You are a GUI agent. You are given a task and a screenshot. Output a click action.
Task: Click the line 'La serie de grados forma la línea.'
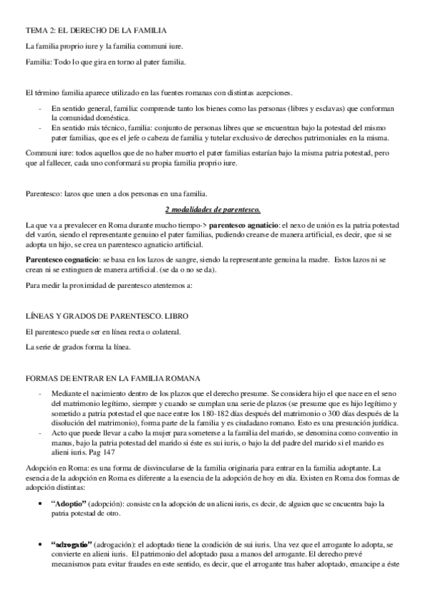[x=80, y=347]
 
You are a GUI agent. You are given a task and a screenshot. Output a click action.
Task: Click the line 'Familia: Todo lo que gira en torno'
[x=105, y=62]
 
